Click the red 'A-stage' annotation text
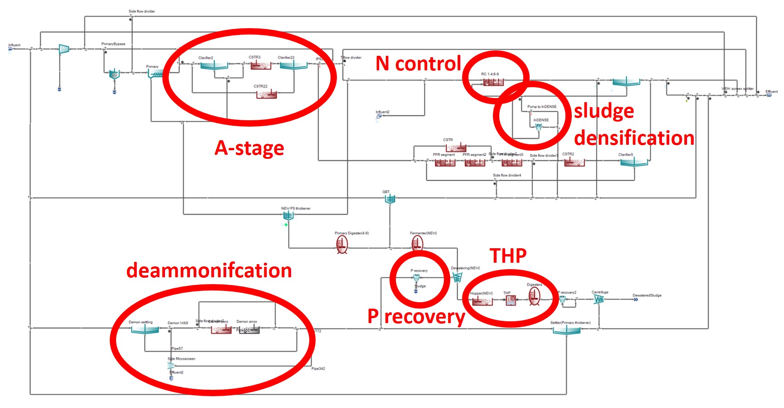pyautogui.click(x=249, y=148)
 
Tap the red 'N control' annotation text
pyautogui.click(x=418, y=64)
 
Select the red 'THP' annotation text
pyautogui.click(x=508, y=256)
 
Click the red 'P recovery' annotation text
pyautogui.click(x=416, y=316)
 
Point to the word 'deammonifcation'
pyautogui.click(x=209, y=270)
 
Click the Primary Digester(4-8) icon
pyautogui.click(x=342, y=245)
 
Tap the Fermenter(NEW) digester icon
pyautogui.click(x=418, y=244)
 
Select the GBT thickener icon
pyautogui.click(x=390, y=198)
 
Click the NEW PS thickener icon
pyautogui.click(x=288, y=216)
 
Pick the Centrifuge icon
pyautogui.click(x=599, y=300)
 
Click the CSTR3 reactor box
pyautogui.click(x=261, y=65)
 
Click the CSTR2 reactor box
pyautogui.click(x=574, y=162)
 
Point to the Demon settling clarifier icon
pyautogui.click(x=145, y=329)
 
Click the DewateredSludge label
pyautogui.click(x=647, y=295)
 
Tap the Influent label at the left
pyautogui.click(x=14, y=45)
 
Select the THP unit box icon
pyautogui.click(x=511, y=300)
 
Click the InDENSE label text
pyautogui.click(x=541, y=120)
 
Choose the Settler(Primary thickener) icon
pyautogui.click(x=566, y=330)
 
